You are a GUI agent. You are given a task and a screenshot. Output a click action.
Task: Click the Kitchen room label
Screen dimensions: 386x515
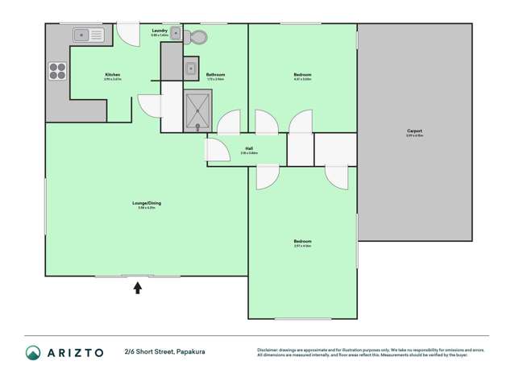click(x=112, y=75)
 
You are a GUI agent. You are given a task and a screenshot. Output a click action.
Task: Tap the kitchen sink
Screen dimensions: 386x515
click(x=88, y=35)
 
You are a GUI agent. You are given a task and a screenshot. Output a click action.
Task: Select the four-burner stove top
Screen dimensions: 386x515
click(x=57, y=71)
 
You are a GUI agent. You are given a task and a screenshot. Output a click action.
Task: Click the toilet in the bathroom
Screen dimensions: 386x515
click(x=196, y=36)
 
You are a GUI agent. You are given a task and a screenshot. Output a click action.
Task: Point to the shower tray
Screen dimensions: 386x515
click(x=197, y=110)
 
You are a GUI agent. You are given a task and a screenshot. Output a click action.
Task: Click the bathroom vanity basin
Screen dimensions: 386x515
click(x=191, y=68)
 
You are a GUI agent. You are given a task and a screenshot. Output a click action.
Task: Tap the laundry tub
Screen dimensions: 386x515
click(x=175, y=34)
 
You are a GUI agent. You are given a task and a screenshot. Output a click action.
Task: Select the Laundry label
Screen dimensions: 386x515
click(x=160, y=31)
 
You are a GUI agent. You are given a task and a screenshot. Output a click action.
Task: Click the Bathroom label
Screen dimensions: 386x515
click(x=215, y=75)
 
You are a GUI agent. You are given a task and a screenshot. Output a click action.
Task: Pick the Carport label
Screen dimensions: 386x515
click(x=414, y=131)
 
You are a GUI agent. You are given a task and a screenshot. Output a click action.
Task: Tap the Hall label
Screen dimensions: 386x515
click(x=250, y=148)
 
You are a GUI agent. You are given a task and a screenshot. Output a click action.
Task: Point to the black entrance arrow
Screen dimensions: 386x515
click(x=137, y=287)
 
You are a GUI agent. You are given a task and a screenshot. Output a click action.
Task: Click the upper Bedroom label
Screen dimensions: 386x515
click(x=302, y=75)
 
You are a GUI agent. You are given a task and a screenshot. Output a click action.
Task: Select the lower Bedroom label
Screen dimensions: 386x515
click(x=302, y=241)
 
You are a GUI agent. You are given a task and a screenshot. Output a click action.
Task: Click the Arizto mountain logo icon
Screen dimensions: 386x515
click(x=33, y=352)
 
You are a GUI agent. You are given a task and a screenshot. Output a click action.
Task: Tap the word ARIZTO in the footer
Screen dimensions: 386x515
click(x=75, y=352)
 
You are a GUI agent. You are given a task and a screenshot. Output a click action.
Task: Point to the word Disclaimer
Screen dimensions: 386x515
click(x=268, y=349)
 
